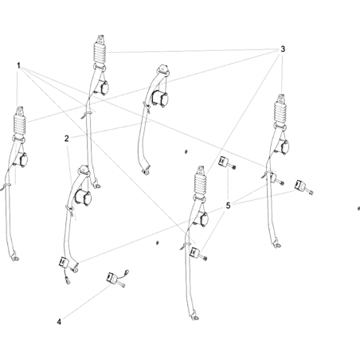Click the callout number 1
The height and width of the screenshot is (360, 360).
18,65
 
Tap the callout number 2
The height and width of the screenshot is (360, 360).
66,139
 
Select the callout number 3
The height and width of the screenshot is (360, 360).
283,49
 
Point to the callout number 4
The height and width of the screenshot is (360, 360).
59,322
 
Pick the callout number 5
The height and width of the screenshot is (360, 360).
228,205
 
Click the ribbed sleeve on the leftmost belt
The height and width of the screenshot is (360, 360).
19,124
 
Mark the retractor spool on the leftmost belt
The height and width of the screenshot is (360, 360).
22,158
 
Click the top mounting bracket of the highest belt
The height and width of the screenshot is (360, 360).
100,39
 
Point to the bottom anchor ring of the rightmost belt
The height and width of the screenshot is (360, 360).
277,245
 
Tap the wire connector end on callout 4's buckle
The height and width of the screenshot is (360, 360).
127,272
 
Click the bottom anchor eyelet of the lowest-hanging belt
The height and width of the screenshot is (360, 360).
196,318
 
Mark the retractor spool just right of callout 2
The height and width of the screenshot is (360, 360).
83,197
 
